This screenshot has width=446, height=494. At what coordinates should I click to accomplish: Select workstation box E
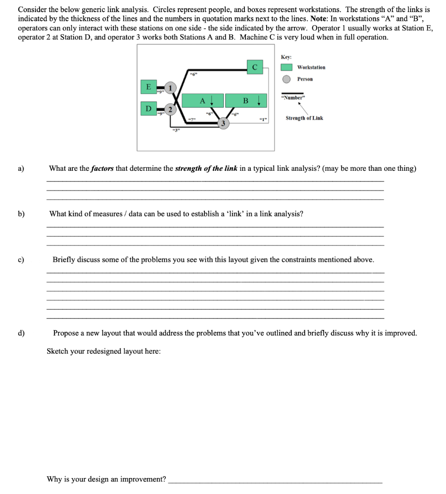(148, 87)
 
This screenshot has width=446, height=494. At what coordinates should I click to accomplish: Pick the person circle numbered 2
(170, 108)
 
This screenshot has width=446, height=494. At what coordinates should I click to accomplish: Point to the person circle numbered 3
(223, 123)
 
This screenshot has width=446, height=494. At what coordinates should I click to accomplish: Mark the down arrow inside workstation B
(259, 100)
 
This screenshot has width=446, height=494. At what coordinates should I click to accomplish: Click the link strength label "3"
(176, 130)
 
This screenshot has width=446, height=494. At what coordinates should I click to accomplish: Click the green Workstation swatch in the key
(286, 68)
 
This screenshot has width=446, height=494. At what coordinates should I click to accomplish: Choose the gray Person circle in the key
(286, 79)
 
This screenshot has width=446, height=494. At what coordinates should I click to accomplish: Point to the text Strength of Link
(304, 118)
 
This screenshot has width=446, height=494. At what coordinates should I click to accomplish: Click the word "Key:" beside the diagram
(286, 57)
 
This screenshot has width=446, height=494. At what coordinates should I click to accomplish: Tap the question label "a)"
(21, 168)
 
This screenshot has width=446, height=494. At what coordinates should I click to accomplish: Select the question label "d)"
(21, 333)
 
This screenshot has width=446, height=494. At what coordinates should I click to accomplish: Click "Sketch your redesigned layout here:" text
(104, 351)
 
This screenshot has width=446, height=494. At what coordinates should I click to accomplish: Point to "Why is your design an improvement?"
(106, 479)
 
